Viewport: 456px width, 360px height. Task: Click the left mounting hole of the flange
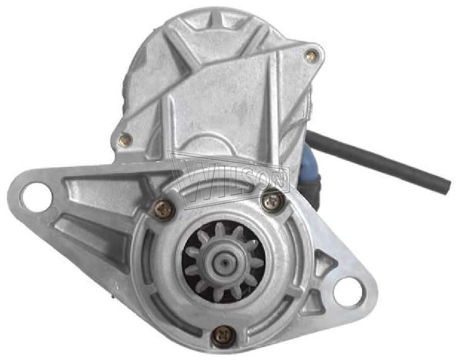(x=37, y=195)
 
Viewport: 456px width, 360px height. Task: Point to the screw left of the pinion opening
(x=163, y=207)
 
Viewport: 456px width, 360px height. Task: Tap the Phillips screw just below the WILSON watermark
(x=271, y=201)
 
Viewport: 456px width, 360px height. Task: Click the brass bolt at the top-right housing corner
(x=311, y=56)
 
